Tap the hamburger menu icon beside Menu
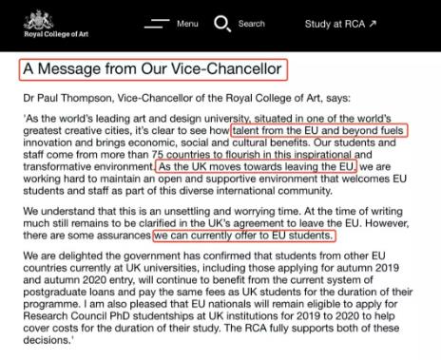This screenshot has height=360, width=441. pos(156,23)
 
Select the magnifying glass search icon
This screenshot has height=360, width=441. pos(222,23)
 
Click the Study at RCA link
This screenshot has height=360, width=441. pos(340,23)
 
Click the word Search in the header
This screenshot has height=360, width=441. pos(252,23)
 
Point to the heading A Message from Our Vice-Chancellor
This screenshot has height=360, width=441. pos(152,69)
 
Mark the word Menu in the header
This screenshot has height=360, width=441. pos(187,23)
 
